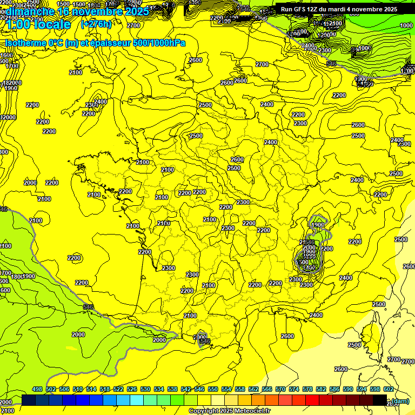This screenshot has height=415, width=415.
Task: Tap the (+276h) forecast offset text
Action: pos(96,24)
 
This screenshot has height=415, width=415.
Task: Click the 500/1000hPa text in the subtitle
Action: pos(162,43)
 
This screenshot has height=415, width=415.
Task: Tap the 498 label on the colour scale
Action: pos(37,389)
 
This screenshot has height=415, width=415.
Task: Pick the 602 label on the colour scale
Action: pos(388,389)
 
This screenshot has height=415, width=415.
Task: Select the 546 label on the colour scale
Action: pos(199,389)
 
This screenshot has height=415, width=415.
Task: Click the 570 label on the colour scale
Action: pos(280,389)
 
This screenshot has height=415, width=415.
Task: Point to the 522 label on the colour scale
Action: pos(118,389)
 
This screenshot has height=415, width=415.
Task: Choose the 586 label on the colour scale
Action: pos(334,389)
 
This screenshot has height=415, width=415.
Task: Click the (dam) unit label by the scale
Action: pos(400,400)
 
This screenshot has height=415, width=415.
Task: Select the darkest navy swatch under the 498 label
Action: pos(29,400)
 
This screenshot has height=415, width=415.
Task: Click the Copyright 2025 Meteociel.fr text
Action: pos(229,411)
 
